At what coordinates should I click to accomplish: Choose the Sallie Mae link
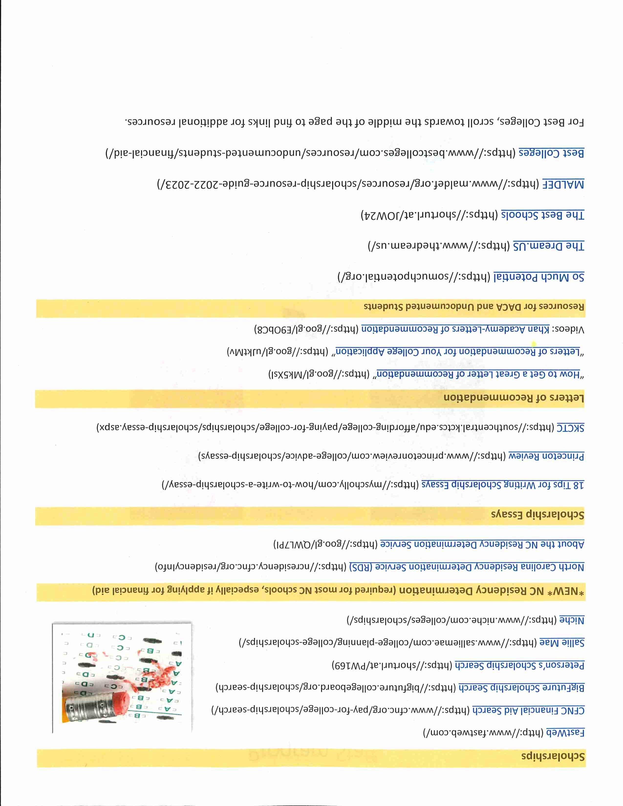[562, 643]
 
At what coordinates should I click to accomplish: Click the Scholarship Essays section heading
[537, 515]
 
